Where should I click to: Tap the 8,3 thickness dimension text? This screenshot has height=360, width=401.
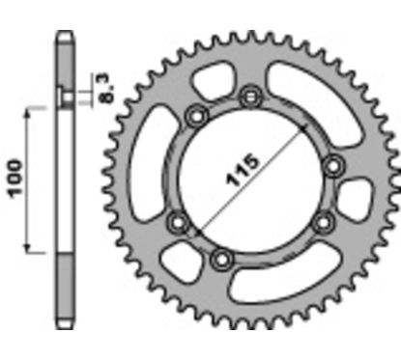coord(101,86)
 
